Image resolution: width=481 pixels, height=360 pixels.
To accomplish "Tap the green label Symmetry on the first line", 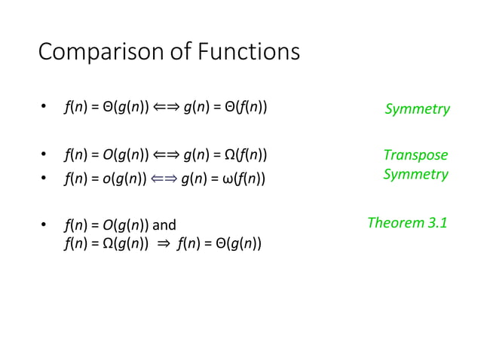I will [417, 109].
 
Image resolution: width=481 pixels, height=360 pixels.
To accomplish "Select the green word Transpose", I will [415, 156].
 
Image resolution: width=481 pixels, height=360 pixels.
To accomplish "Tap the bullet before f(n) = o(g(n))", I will [44, 178].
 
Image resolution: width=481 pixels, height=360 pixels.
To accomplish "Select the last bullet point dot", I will [44, 225].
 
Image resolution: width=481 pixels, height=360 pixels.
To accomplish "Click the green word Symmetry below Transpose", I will [415, 175].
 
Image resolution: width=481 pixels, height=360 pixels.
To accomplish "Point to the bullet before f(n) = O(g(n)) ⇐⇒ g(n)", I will [44, 157].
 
